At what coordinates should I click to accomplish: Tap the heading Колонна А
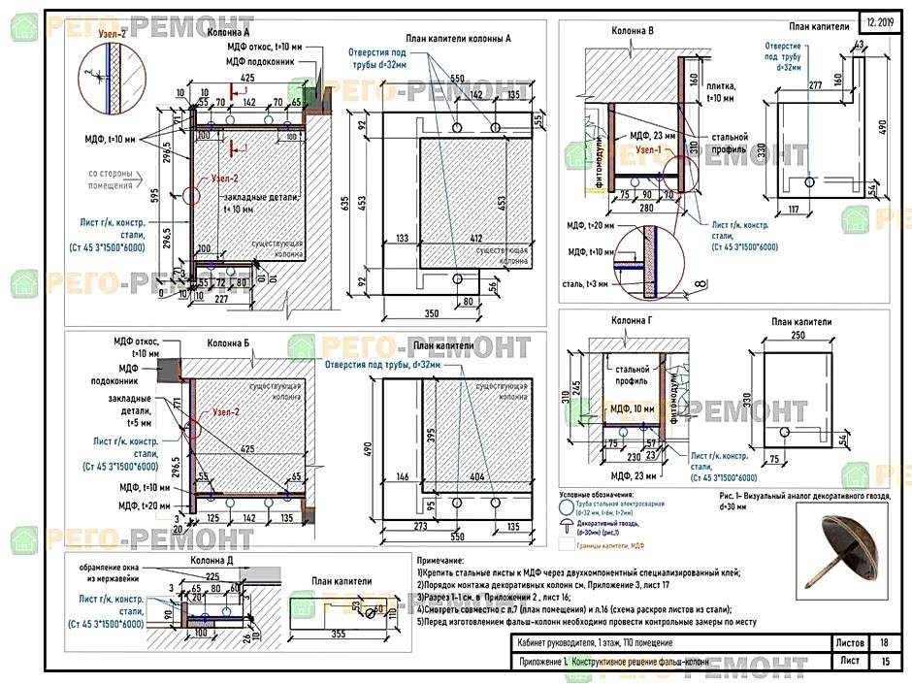click(233, 31)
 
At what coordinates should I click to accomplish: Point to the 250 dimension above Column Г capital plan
click(798, 337)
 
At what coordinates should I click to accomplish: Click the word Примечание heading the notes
click(440, 561)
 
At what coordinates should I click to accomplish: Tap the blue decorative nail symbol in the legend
click(566, 522)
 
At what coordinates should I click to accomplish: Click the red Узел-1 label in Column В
click(649, 151)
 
